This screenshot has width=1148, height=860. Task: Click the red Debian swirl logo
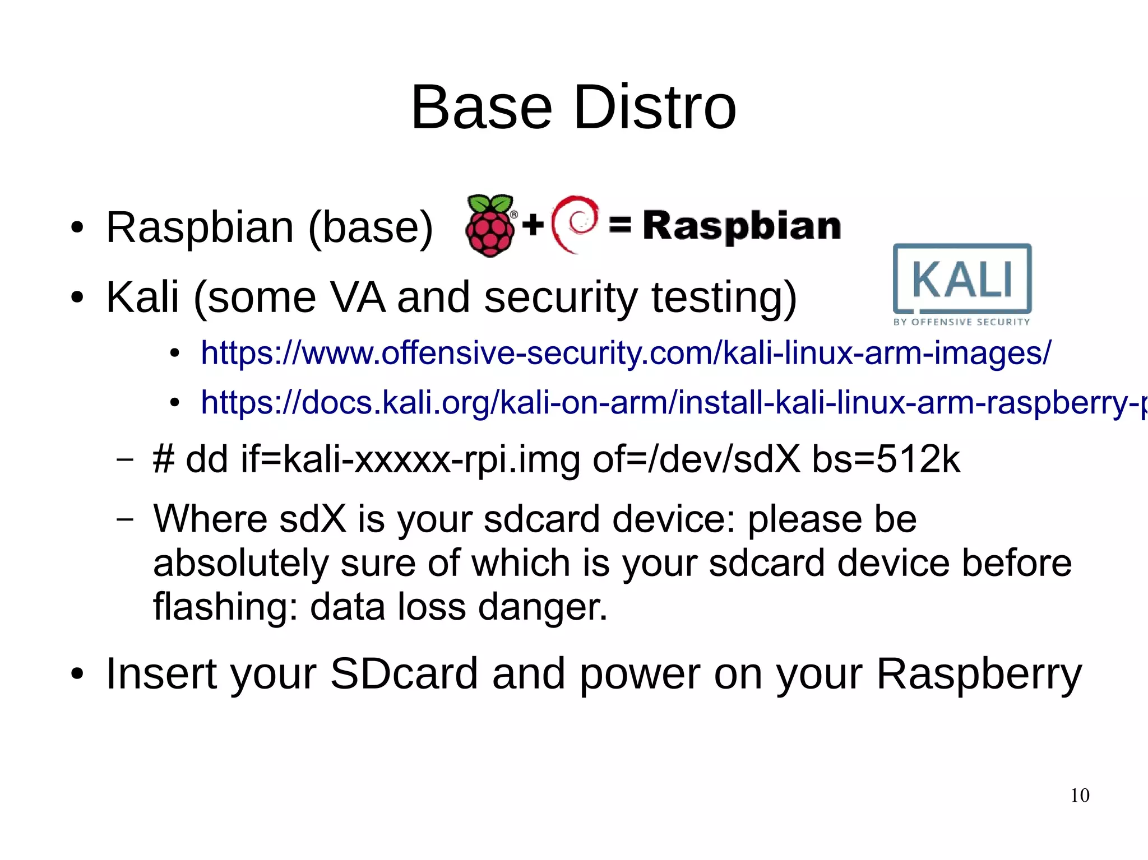(x=575, y=224)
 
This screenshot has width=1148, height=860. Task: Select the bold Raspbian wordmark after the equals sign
(x=741, y=226)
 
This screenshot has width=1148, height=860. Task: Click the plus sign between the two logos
(x=533, y=225)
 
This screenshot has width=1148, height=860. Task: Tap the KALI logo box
(x=962, y=278)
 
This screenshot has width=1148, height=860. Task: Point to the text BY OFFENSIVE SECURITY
(x=961, y=322)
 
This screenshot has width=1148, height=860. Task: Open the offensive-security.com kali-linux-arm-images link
(x=626, y=353)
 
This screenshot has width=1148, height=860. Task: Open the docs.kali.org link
(x=673, y=402)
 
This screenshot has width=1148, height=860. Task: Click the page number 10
(x=1080, y=796)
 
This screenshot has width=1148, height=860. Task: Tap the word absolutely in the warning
(x=241, y=563)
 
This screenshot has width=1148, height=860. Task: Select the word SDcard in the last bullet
(x=404, y=673)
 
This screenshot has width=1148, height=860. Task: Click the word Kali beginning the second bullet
(x=142, y=297)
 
